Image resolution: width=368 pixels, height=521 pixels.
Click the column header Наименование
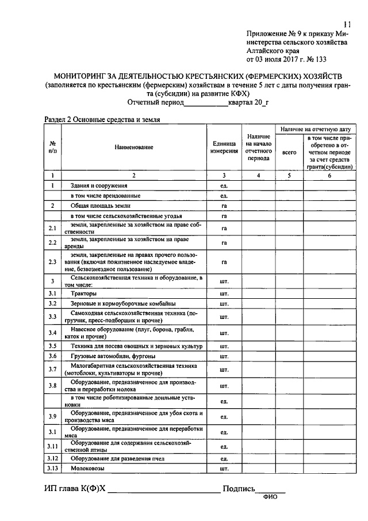click(133, 148)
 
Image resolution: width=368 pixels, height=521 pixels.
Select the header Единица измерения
click(223, 148)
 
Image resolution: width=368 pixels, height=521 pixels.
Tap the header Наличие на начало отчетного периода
click(258, 148)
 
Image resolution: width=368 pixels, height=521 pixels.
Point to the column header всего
click(289, 153)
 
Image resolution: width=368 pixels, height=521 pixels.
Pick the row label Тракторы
click(83, 294)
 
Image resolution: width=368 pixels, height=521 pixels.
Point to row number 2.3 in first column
click(52, 262)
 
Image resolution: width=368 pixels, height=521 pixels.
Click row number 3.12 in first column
click(52, 458)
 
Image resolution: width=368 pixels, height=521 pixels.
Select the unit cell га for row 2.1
click(224, 229)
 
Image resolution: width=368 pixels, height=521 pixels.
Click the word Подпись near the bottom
click(238, 489)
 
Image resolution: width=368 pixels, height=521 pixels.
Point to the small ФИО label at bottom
click(270, 498)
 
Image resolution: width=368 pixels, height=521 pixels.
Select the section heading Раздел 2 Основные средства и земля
click(102, 120)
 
